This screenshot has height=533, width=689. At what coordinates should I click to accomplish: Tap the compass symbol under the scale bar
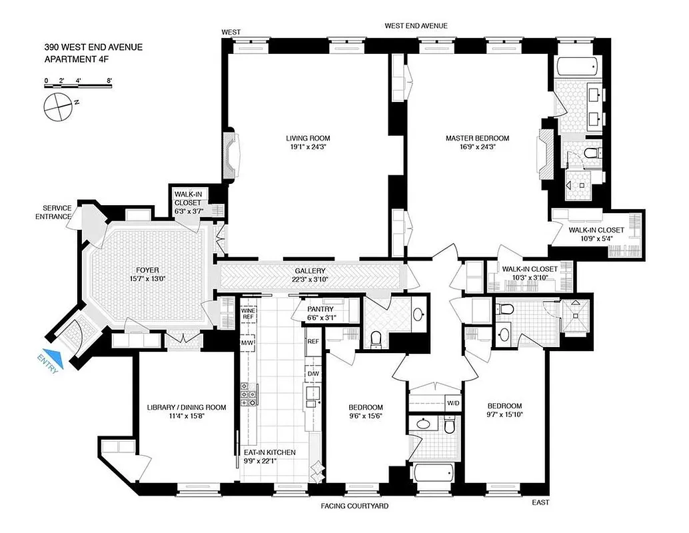58,105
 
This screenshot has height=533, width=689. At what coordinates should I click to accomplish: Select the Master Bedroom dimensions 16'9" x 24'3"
477,148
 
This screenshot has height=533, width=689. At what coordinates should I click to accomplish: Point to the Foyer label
149,270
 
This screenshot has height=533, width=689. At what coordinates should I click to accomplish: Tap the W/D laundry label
452,403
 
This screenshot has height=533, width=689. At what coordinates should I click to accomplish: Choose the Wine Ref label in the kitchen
247,313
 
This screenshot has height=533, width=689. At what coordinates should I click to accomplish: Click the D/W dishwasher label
313,374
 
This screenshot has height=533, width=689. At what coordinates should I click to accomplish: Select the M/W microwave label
247,342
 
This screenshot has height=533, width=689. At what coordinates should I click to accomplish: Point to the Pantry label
319,309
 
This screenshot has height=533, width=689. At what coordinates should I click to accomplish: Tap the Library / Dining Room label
186,407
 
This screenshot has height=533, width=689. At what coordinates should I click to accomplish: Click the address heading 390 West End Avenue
93,47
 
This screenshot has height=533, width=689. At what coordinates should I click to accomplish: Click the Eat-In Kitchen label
265,452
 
